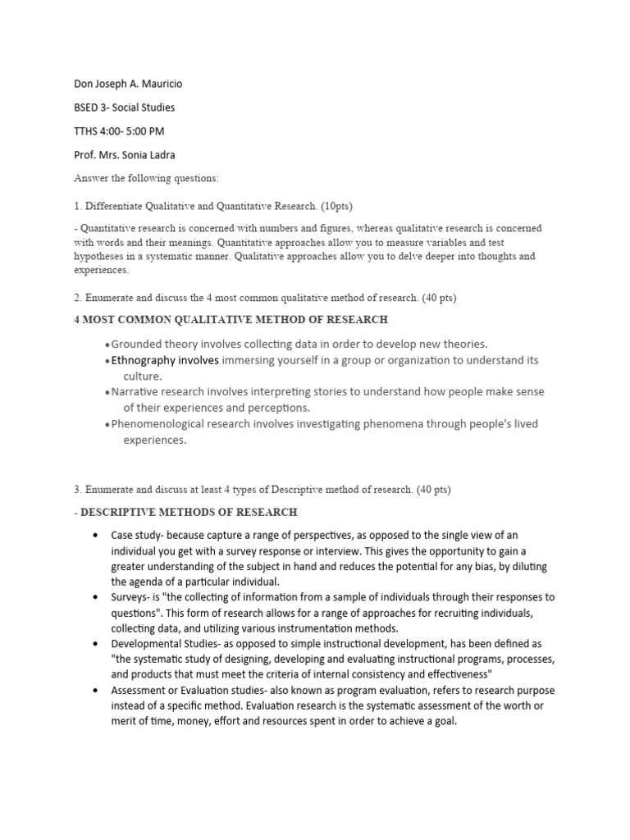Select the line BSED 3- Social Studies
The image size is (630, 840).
124,107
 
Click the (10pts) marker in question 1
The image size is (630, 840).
337,206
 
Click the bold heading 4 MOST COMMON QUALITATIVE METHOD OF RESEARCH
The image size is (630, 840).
231,319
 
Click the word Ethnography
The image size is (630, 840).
143,360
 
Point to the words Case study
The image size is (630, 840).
135,535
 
